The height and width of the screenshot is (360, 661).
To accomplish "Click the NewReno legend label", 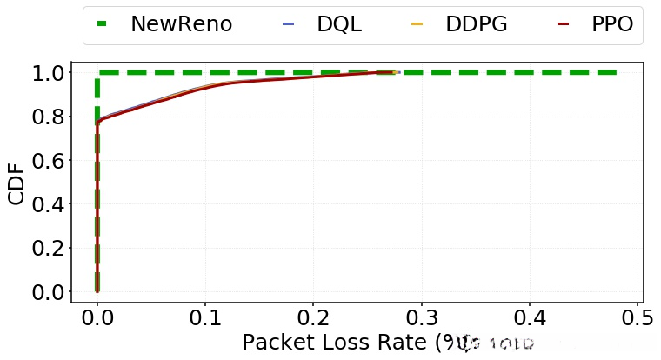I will [181, 24].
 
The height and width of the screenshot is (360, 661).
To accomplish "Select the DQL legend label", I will [339, 24].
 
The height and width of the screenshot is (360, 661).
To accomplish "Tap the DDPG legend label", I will [477, 24].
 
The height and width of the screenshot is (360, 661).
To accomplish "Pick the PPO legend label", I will [611, 24].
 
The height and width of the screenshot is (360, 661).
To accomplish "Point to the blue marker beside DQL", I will [289, 24].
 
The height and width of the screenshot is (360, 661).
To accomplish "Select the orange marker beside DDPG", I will [417, 24].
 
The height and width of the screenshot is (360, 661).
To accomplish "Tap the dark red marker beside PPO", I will [563, 24].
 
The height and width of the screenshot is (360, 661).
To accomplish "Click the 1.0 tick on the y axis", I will [45, 73].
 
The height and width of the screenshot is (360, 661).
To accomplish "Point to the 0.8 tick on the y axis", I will [45, 117].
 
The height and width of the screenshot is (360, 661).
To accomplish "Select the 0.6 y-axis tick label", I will [45, 160].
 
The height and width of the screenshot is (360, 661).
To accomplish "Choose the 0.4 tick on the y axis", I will [45, 204].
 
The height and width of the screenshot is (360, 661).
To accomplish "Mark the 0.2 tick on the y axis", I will [45, 248].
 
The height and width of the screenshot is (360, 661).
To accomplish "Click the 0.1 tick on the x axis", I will [205, 318].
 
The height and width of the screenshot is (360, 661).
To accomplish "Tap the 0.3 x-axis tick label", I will [421, 318].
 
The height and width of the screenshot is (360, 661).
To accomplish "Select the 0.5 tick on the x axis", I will [637, 318].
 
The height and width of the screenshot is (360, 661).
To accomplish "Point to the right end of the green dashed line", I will [616, 72].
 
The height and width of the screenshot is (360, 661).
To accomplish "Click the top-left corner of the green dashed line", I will [97, 72].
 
